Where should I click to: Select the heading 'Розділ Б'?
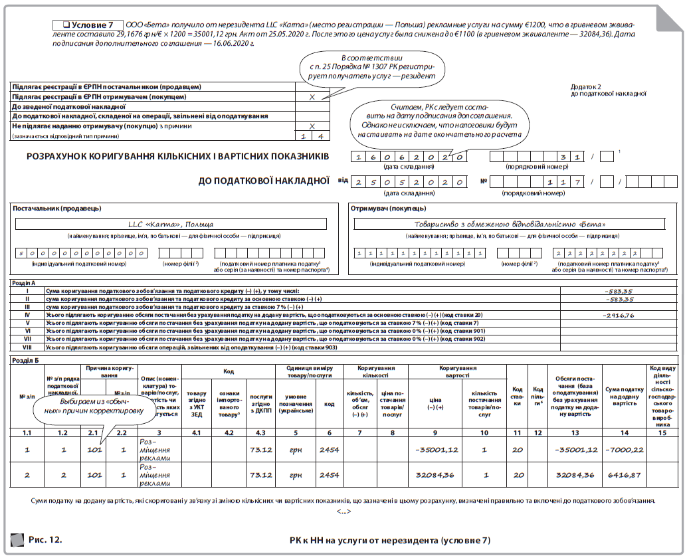tap(26, 359)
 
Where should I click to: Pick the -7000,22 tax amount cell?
tap(624, 450)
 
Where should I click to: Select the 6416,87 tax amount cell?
tap(624, 475)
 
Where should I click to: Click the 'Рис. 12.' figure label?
tap(45, 539)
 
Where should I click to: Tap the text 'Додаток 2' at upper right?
tap(585, 86)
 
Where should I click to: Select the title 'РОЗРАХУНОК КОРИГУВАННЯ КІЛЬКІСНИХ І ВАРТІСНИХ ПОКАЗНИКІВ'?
tap(177, 157)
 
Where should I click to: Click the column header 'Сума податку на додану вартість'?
tap(624, 397)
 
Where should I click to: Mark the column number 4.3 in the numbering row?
tap(260, 432)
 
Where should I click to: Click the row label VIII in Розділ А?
tap(27, 347)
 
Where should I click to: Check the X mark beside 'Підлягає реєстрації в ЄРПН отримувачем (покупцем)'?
tap(312, 96)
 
